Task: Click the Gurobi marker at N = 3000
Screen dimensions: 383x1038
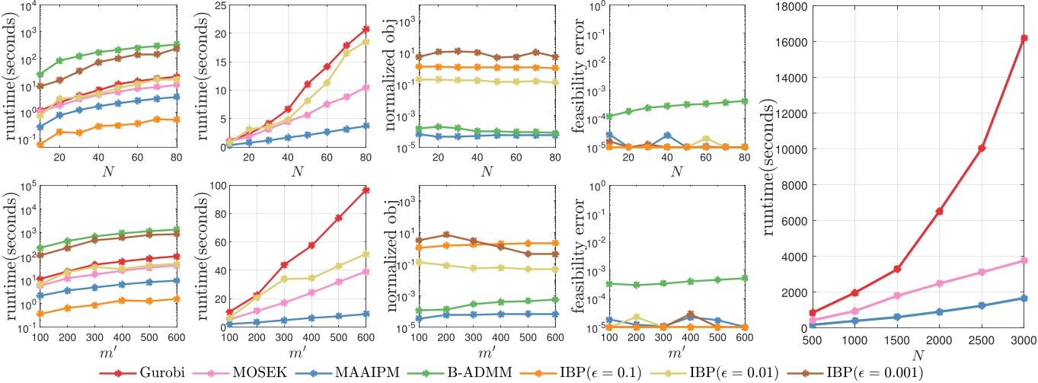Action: click(x=1024, y=38)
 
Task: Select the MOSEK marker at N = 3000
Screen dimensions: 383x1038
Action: click(x=1024, y=260)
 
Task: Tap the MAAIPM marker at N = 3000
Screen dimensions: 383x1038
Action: click(x=1024, y=298)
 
